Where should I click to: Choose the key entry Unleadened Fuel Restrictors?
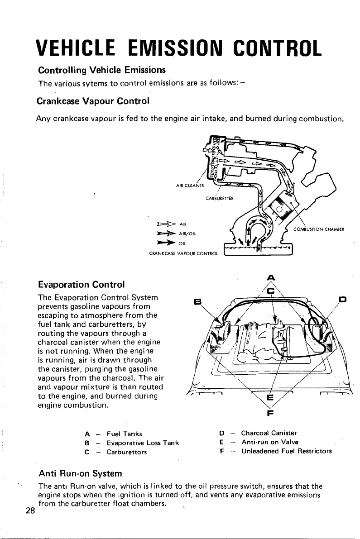pos(286,451)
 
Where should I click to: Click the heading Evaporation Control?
pos(82,285)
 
